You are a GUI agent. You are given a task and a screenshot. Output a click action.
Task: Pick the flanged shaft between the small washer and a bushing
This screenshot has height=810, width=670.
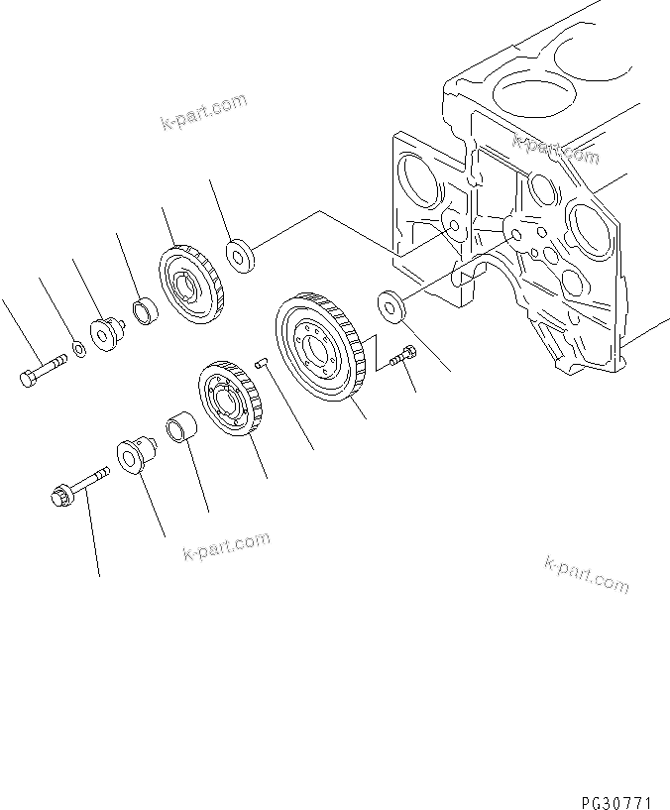coord(105,334)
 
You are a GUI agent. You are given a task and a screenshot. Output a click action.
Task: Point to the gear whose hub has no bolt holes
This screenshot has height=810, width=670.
coord(191,285)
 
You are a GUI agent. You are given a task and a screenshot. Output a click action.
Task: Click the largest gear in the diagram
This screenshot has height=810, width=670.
coord(319,348)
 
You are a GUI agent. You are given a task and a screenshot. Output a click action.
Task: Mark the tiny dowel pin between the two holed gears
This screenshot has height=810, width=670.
coord(262,363)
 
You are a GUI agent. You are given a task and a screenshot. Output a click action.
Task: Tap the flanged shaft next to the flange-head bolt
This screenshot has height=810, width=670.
coord(134,455)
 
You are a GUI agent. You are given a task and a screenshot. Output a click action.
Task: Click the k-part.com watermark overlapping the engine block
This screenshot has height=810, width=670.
coord(556,150)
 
